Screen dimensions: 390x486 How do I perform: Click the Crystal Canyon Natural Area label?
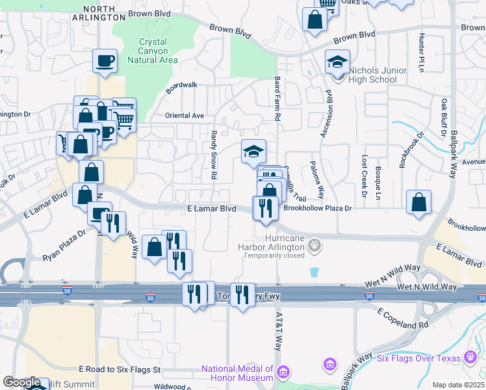[x=153, y=51]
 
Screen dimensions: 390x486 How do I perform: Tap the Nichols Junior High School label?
[x=374, y=75]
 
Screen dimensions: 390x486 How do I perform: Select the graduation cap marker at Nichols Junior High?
[x=337, y=62]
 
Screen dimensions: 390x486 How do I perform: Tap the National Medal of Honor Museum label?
[x=237, y=373]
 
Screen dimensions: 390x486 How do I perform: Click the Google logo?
[x=21, y=382]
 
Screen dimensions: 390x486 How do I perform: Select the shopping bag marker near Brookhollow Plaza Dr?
[x=419, y=202]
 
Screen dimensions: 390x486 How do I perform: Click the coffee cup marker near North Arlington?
[x=105, y=62]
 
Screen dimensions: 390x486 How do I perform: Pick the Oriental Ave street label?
[x=185, y=116]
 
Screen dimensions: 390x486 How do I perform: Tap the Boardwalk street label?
[x=181, y=87]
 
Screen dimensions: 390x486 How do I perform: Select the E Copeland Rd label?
[x=404, y=317]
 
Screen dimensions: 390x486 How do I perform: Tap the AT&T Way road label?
[x=278, y=331]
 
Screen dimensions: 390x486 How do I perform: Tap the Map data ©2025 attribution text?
[x=458, y=385]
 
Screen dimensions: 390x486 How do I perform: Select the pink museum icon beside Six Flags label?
[x=470, y=358]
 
